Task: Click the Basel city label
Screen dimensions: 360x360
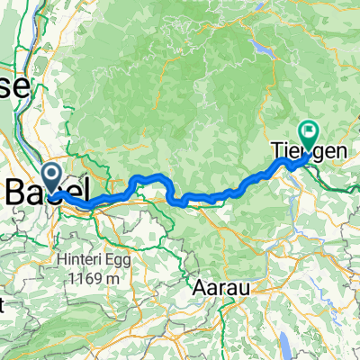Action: pos(49,191)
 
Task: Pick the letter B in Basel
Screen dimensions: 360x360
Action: pos(18,191)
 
